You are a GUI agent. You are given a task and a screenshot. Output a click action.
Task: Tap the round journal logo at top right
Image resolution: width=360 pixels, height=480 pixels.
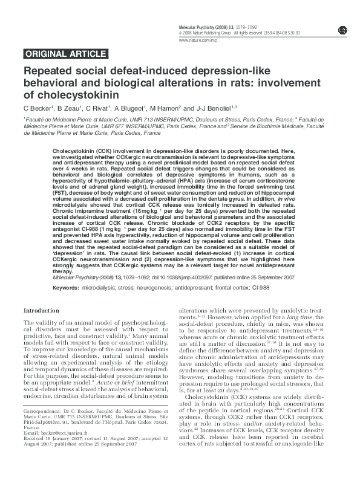click(342, 30)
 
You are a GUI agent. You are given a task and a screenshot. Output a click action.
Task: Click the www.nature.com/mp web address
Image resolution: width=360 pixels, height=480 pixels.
click(196, 40)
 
